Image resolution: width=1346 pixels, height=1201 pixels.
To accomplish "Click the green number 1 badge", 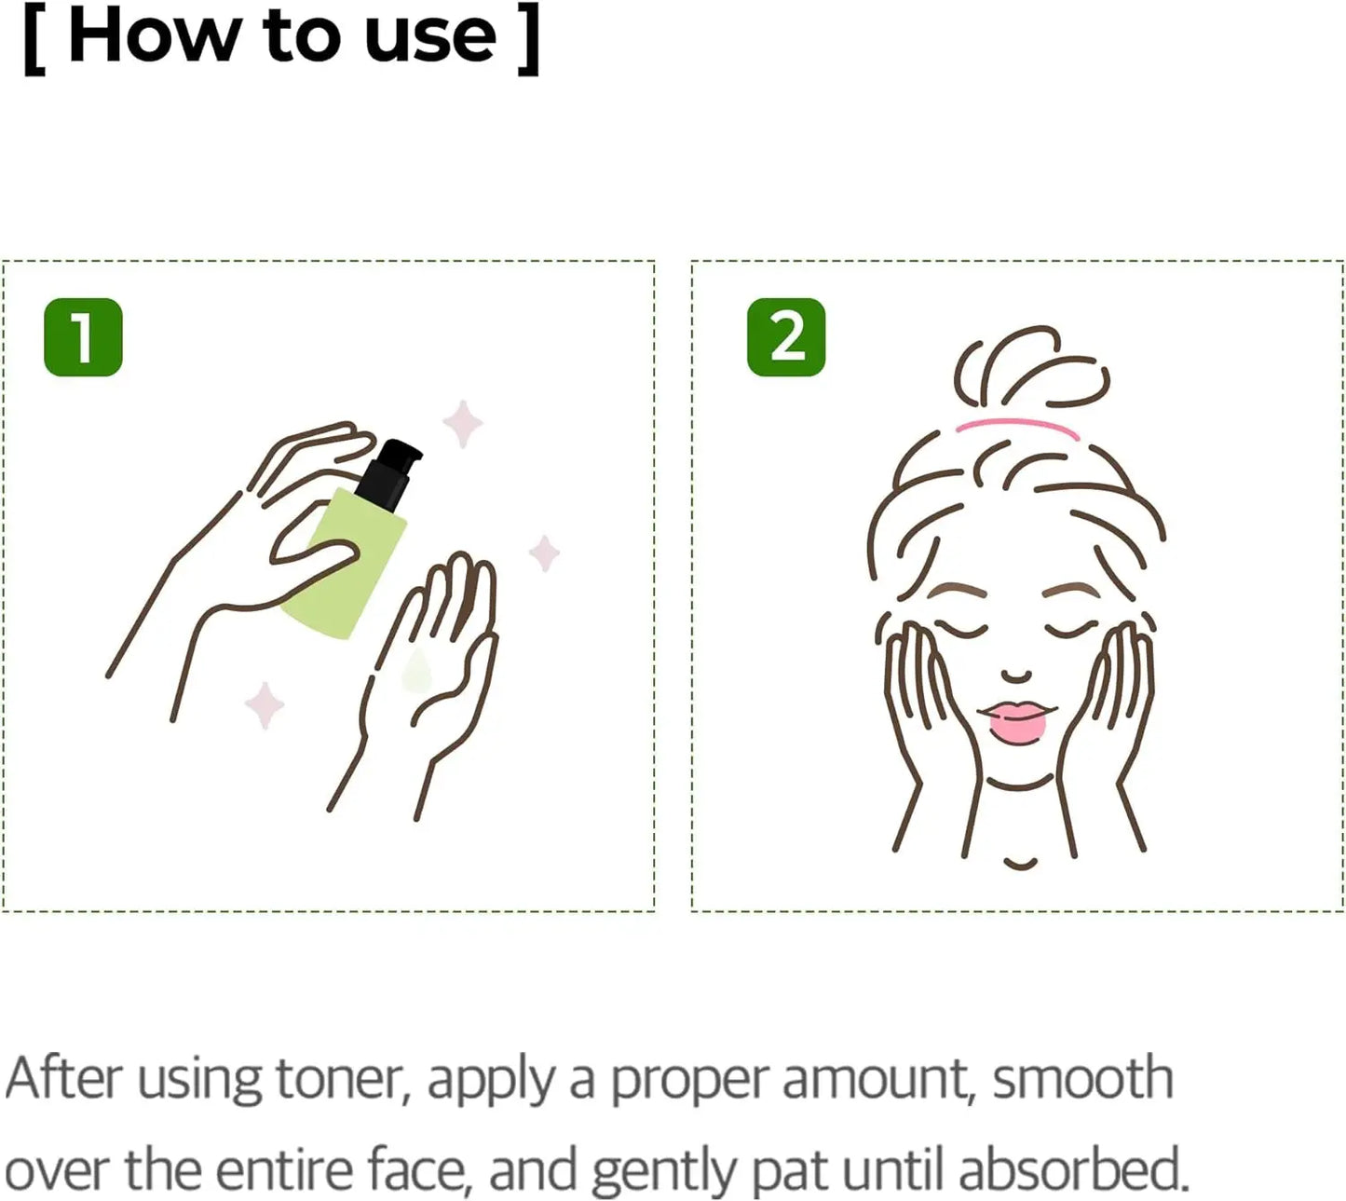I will point(83,337).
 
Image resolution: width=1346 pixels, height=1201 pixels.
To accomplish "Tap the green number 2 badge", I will point(786,337).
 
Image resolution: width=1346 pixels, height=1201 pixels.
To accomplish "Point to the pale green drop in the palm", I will point(416,672).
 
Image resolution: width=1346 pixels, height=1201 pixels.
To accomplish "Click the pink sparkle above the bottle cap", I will point(462,424).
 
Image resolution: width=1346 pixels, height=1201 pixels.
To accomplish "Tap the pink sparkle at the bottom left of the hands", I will point(265,705).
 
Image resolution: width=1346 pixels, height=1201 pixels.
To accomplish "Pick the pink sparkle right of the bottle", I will point(544,553).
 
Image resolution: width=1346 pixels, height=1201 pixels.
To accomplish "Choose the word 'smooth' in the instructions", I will point(1081,1078).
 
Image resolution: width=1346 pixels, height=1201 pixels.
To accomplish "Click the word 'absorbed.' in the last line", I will point(1073,1170).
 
